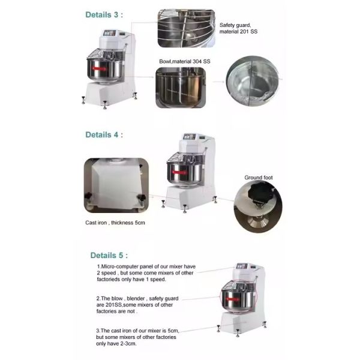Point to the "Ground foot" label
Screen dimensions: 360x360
259,178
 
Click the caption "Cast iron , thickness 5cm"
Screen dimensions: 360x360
115,223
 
